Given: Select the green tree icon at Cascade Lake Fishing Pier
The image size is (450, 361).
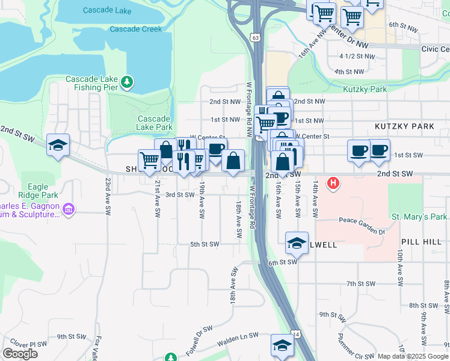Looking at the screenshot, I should [x=126, y=82].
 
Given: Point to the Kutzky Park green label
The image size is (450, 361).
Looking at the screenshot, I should [x=365, y=89].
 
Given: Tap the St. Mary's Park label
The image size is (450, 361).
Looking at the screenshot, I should [x=420, y=217].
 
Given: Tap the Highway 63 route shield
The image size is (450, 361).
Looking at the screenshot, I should [x=256, y=38].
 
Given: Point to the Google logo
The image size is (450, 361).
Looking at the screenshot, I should [x=20, y=354].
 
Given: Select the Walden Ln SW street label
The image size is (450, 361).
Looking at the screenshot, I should [x=238, y=335].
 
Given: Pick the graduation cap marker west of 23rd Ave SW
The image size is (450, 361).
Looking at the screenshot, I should [x=58, y=144].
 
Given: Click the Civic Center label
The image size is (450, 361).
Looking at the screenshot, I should [x=435, y=49].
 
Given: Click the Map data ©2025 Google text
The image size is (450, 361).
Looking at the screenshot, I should [x=413, y=356].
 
